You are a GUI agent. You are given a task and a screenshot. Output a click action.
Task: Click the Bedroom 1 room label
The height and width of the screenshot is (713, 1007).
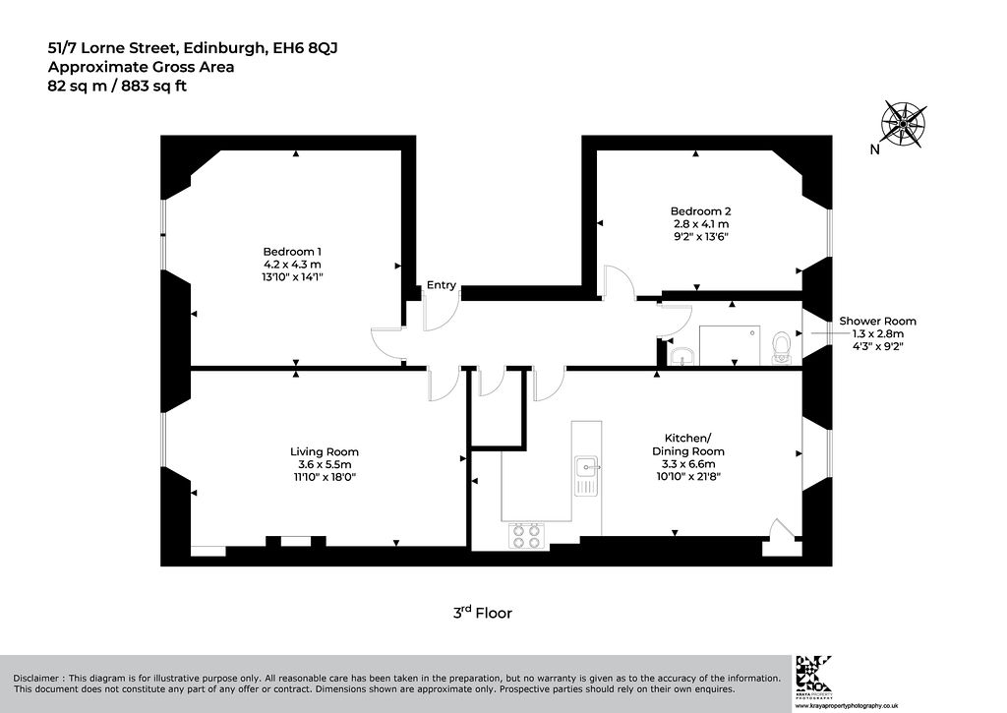[292, 251]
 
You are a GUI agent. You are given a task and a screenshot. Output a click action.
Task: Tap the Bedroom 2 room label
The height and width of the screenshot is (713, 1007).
[700, 210]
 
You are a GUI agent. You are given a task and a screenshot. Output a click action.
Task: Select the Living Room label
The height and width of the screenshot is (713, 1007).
[325, 451]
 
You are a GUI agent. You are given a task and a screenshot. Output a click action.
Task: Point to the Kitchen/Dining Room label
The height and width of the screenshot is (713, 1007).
[687, 445]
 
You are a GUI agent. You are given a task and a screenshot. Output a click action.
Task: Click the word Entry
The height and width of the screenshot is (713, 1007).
[442, 284]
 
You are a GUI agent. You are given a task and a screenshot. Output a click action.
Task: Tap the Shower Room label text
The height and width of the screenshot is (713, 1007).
[877, 321]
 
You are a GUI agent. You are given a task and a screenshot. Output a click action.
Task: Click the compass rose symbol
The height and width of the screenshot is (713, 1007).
[904, 123]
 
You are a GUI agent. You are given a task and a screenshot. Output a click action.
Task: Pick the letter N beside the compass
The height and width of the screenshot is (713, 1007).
[874, 149]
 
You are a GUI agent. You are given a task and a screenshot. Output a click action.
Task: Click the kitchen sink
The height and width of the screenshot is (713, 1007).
[586, 476]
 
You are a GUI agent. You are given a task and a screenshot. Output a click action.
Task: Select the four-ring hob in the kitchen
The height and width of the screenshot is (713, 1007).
[527, 536]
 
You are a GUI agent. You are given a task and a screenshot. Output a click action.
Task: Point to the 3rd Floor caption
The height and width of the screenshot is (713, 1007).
[482, 612]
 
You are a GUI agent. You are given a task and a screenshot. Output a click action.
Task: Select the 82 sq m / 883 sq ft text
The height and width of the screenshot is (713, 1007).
[117, 86]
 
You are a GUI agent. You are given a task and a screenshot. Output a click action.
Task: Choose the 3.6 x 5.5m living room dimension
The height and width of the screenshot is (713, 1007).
[325, 464]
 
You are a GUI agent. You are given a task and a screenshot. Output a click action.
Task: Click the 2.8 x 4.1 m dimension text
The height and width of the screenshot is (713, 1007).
[700, 224]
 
